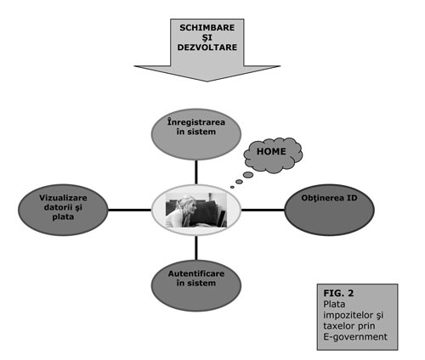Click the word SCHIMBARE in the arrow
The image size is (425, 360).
coord(207,28)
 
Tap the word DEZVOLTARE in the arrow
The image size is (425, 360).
coord(207,47)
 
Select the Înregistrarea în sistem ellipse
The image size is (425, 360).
coord(196,134)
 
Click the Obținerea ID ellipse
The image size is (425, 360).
coord(329,210)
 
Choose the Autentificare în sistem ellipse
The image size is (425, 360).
coord(196,285)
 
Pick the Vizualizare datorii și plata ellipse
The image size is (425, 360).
coord(63,210)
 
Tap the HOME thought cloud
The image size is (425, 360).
coord(273,155)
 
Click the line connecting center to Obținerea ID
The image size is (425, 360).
coord(263,210)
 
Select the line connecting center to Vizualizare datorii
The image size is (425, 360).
coord(130,210)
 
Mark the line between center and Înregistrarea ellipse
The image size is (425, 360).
coord(196,172)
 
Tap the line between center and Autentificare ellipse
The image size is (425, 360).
coord(196,248)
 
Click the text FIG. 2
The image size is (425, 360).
coord(338,293)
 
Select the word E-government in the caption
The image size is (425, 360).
coord(355,337)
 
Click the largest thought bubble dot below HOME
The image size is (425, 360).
coord(248,175)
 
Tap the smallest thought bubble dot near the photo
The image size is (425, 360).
coord(232,187)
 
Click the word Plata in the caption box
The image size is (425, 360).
coord(334,304)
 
